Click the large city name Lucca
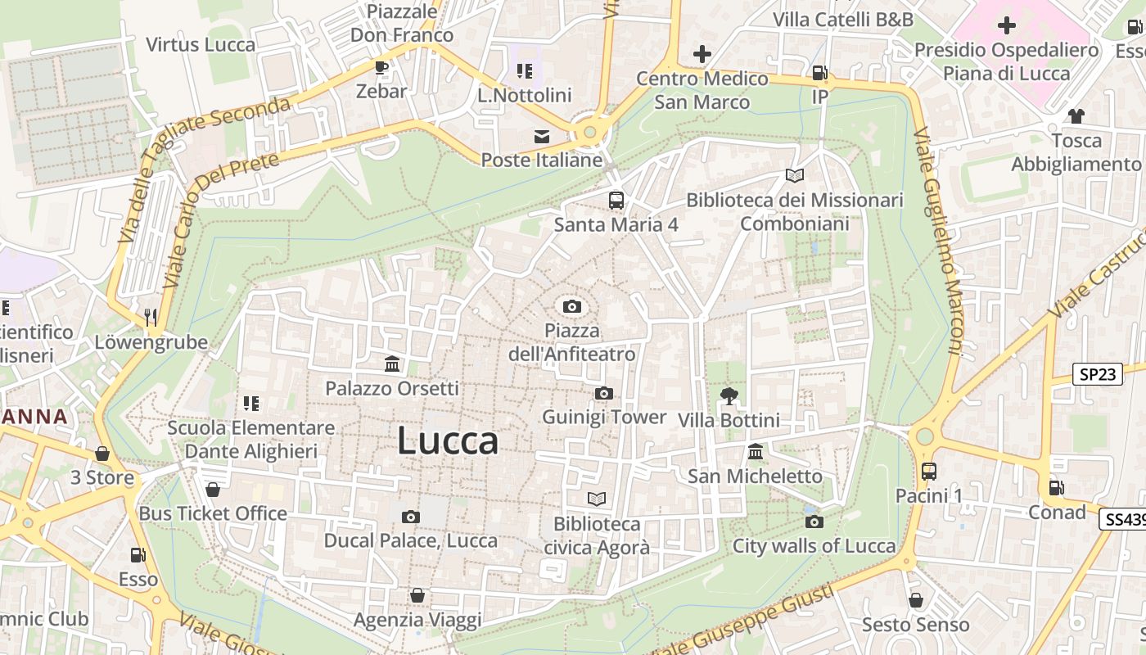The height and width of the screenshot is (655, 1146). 448,441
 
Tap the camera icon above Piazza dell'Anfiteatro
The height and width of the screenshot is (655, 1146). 572,307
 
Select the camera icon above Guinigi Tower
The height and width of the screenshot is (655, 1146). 604,394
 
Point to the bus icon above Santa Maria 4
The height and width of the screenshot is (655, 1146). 616,200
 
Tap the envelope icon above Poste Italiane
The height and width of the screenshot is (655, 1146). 542,137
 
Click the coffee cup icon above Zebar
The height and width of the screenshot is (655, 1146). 381,67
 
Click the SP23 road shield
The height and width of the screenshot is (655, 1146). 1097,374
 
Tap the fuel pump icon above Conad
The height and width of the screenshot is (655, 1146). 1057,488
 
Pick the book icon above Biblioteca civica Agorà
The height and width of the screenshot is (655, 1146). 597,499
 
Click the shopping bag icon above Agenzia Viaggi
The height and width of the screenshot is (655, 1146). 417,595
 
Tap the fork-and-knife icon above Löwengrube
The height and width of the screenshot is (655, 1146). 150,317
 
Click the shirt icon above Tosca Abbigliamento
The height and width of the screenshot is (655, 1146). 1076,116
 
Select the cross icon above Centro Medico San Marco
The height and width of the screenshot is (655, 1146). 702,54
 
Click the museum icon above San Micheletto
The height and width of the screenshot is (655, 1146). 755,452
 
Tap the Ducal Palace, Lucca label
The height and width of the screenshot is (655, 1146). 411,540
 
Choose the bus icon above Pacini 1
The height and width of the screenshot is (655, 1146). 928,472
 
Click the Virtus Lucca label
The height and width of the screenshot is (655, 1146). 201,44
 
